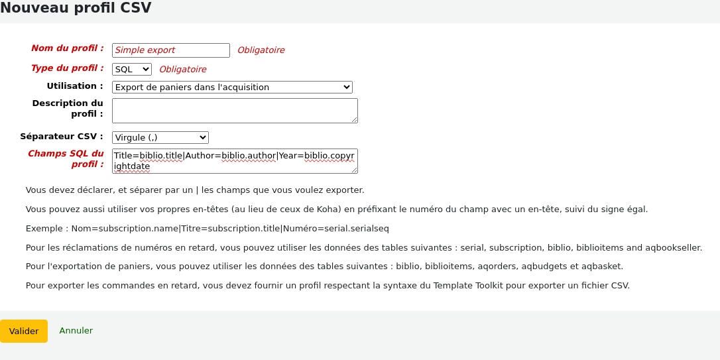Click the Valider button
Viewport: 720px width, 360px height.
[x=24, y=331]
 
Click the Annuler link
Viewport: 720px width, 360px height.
[x=76, y=330]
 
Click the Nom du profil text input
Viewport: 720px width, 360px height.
[x=170, y=50]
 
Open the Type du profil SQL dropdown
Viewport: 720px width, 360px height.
[x=132, y=69]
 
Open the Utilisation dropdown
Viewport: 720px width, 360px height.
[x=232, y=87]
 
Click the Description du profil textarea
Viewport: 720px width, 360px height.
[x=235, y=111]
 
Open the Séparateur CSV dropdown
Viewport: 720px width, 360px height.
[x=160, y=137]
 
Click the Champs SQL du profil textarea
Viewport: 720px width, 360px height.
[x=235, y=161]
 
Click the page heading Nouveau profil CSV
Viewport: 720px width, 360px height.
[x=76, y=9]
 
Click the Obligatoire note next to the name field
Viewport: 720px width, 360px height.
[x=261, y=50]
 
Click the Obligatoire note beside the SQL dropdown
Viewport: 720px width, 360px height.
[x=183, y=70]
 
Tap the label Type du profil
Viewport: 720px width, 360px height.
[x=68, y=68]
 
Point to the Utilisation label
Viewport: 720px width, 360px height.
[x=75, y=86]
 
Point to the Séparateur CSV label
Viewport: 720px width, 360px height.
[x=62, y=137]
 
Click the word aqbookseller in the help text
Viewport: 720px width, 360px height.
[x=674, y=248]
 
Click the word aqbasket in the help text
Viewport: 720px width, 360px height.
[x=604, y=267]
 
